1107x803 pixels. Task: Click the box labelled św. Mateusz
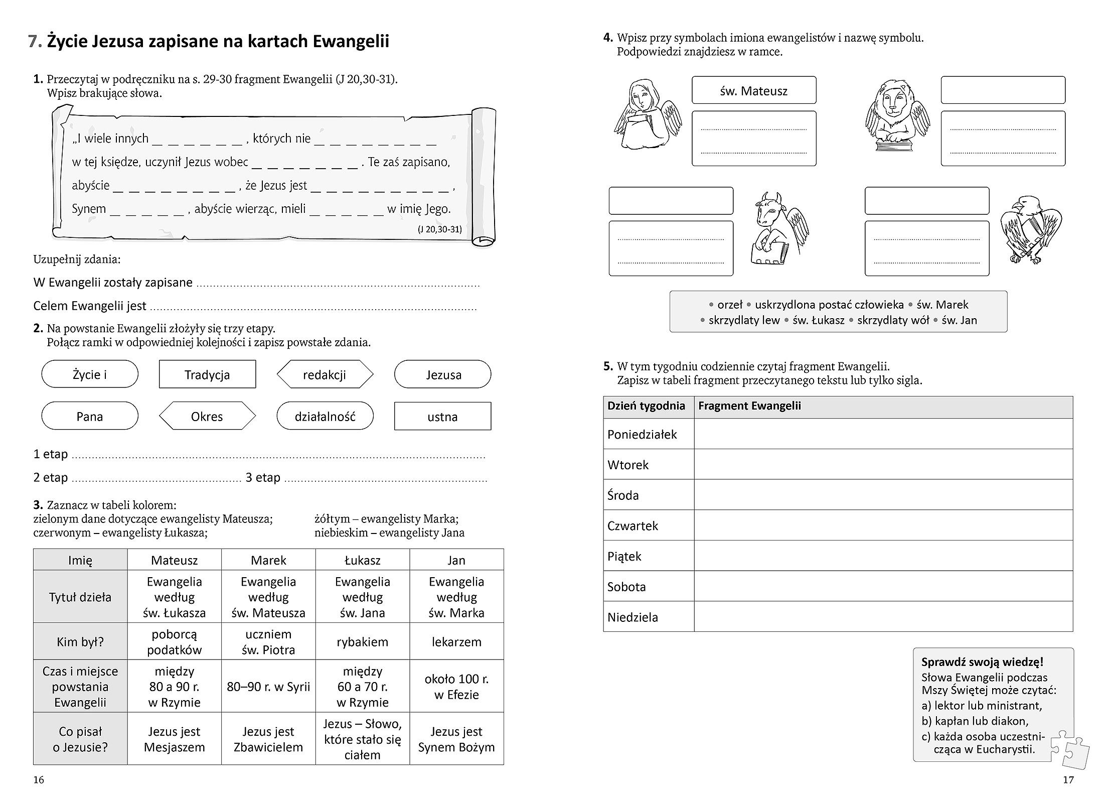tap(753, 90)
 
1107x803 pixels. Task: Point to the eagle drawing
tap(1031, 229)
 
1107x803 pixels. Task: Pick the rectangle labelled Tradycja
tap(207, 374)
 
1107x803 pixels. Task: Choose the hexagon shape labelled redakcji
tap(325, 374)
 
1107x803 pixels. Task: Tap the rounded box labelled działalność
tap(325, 416)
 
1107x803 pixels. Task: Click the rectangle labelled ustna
tap(442, 417)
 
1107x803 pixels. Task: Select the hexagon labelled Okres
tap(207, 416)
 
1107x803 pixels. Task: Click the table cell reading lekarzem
tap(456, 641)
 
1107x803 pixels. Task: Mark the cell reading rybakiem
tap(362, 641)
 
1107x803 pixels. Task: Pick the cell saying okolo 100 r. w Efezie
tap(456, 687)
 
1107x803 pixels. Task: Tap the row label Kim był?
tap(80, 641)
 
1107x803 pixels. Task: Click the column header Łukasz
tap(362, 560)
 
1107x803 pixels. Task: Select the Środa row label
tap(623, 495)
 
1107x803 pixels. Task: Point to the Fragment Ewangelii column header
tap(749, 406)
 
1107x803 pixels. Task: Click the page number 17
tap(1068, 779)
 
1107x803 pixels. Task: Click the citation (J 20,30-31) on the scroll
tap(439, 229)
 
